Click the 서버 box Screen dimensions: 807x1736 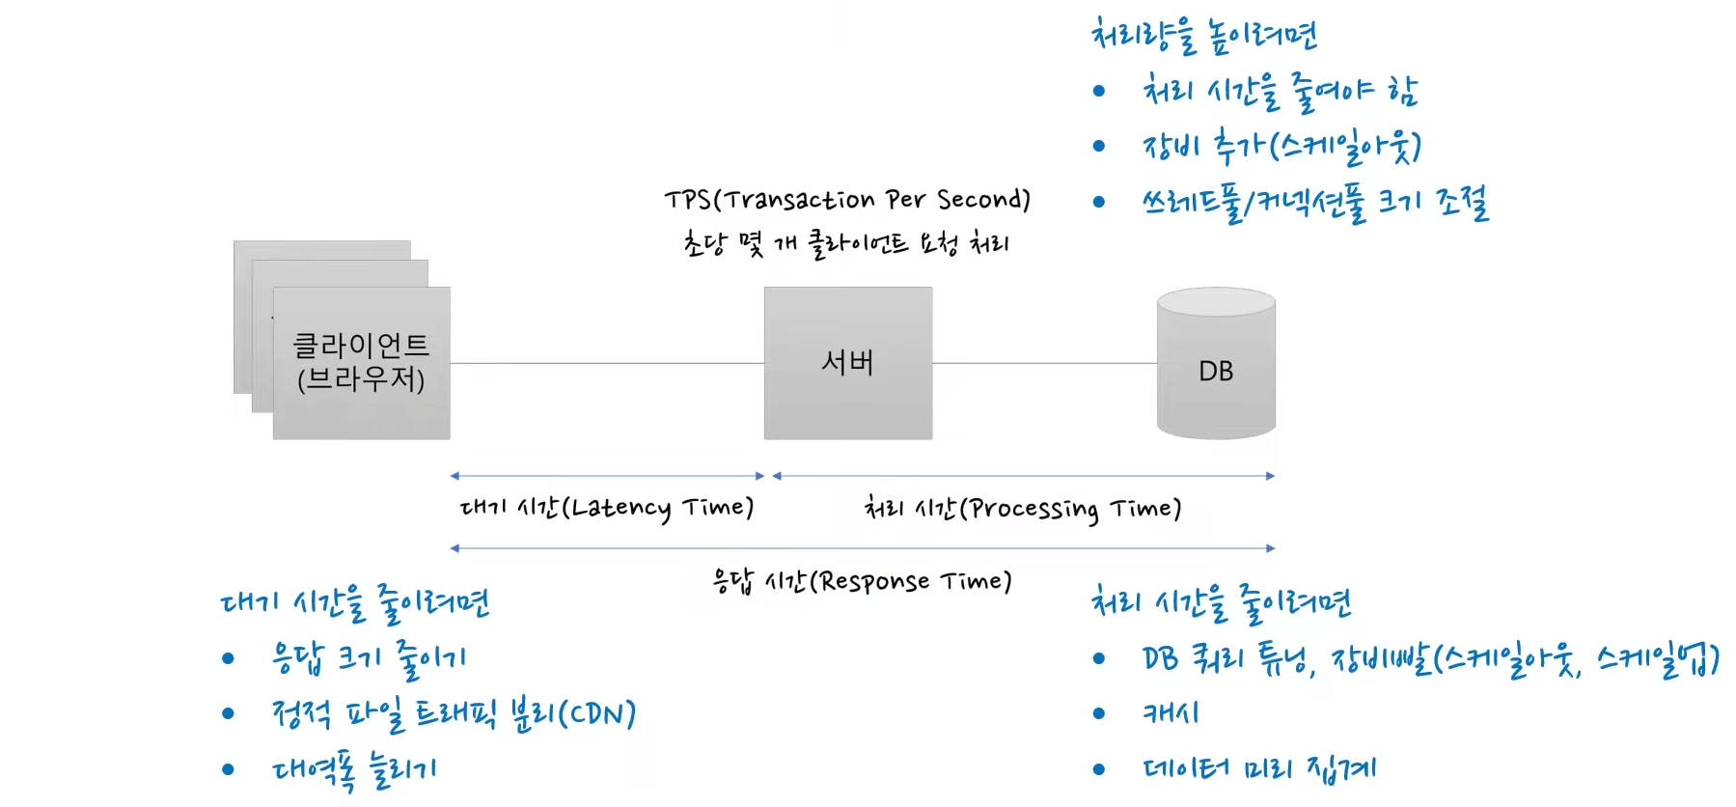(x=847, y=363)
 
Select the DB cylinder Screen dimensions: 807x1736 (x=1216, y=371)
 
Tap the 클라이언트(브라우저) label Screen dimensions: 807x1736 (x=361, y=362)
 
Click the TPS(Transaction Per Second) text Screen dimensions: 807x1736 (x=846, y=200)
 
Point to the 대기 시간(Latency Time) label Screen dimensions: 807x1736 (x=606, y=508)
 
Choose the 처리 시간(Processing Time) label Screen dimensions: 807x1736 (x=1022, y=509)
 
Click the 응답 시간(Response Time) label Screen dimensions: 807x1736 (x=862, y=581)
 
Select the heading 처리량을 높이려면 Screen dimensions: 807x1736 (x=1203, y=36)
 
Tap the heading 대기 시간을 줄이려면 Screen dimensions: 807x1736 (x=355, y=603)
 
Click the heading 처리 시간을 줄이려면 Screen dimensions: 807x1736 (x=1221, y=602)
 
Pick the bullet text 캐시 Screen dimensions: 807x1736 (x=1171, y=713)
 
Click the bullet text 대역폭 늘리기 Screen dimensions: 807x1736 (x=354, y=769)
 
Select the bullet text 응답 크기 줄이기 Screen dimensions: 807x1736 (x=369, y=658)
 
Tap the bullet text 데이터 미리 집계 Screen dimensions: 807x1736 (x=1259, y=769)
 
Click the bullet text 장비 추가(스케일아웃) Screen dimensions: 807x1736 (x=1281, y=147)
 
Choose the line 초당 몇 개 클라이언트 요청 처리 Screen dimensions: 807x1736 (x=845, y=243)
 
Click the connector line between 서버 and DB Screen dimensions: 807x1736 (x=1044, y=364)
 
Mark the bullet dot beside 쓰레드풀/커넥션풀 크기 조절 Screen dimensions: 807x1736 (x=1098, y=202)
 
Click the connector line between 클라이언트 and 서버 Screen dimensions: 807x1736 (x=606, y=364)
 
